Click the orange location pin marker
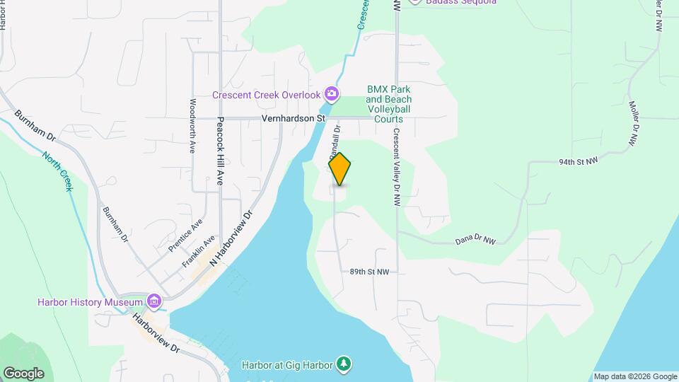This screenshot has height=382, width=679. (339, 169)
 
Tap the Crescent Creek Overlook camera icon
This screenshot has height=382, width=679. (331, 93)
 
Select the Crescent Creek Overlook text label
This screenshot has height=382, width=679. (267, 94)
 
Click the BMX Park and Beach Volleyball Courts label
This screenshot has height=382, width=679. (388, 104)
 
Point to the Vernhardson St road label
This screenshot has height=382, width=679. (292, 118)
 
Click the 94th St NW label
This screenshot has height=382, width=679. (578, 161)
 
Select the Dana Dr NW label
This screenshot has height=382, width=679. (475, 241)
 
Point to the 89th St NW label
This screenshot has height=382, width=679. (369, 272)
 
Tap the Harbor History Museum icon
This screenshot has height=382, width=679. (154, 302)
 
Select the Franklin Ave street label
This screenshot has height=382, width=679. (198, 252)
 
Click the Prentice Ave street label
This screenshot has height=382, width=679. (185, 236)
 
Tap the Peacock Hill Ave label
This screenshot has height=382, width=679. (220, 151)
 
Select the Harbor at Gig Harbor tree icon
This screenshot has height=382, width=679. (344, 363)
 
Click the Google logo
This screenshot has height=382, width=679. (23, 373)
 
